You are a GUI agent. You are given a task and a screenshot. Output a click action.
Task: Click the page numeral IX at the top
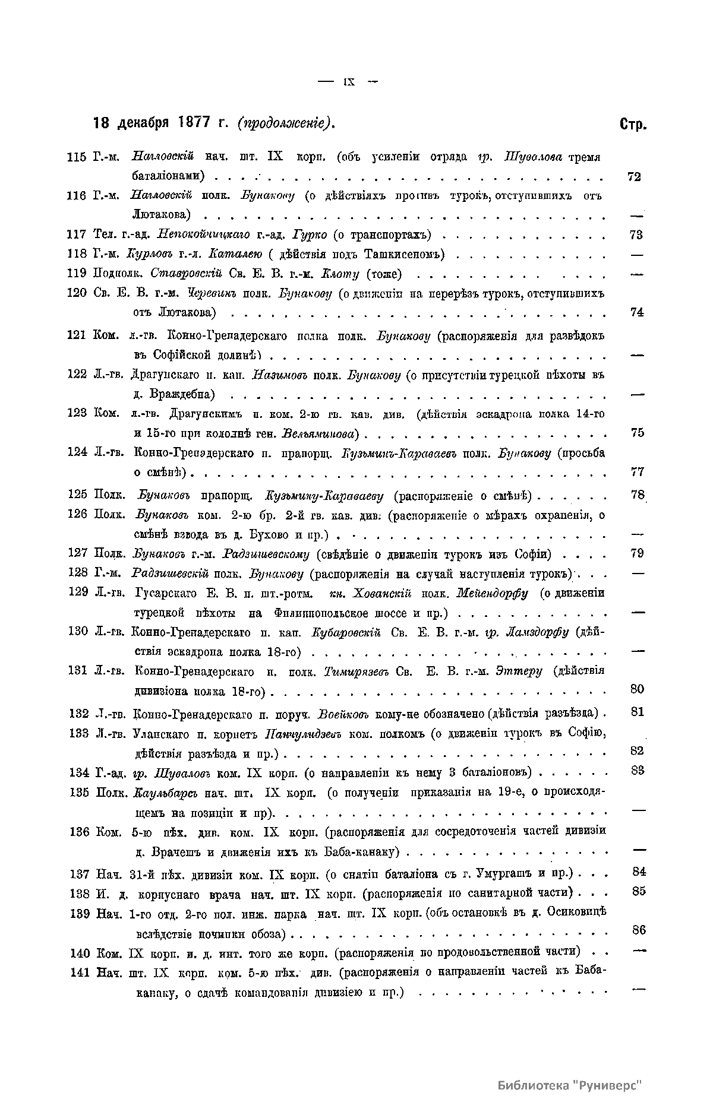(349, 82)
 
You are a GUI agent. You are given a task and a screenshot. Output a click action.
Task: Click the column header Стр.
(633, 125)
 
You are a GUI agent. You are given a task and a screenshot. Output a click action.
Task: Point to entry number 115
(78, 157)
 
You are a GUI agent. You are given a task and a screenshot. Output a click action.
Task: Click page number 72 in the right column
(634, 176)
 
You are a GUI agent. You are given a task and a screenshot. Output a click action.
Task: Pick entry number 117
(78, 235)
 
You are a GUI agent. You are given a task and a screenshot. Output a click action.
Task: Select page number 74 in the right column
(636, 312)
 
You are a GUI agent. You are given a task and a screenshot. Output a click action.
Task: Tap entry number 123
(78, 413)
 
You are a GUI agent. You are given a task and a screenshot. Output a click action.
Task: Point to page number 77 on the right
(637, 472)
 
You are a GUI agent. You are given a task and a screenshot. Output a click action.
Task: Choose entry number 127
(78, 554)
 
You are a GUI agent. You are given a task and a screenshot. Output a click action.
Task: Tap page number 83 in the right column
(638, 770)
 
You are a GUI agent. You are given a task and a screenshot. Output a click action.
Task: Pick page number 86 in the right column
(639, 930)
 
